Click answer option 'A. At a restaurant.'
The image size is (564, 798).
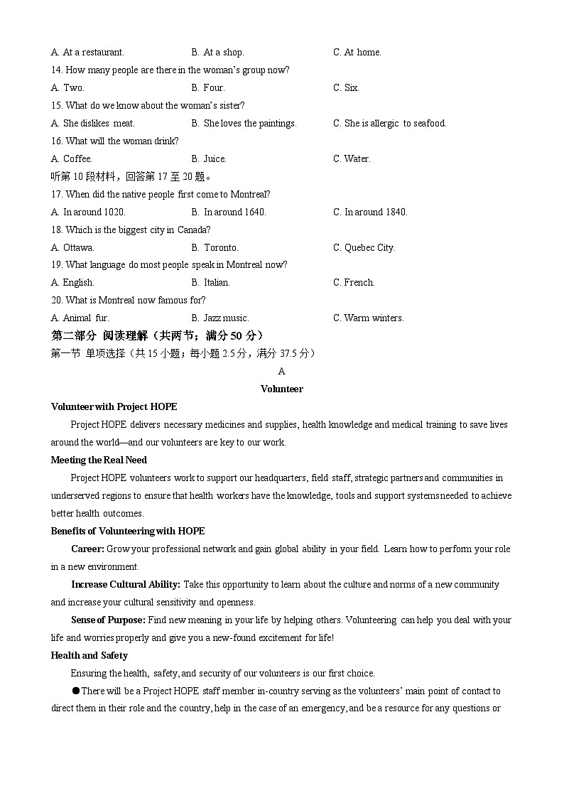87,53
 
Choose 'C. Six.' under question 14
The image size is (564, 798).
346,88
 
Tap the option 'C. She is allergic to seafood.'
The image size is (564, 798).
389,124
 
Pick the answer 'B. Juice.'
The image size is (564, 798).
209,159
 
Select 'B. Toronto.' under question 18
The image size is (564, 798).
215,248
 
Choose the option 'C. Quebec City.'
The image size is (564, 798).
364,248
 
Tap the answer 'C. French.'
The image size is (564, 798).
354,283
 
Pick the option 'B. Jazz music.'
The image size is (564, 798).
220,318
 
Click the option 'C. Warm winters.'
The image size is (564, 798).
368,318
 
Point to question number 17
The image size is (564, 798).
57,195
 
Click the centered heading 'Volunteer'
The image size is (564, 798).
281,389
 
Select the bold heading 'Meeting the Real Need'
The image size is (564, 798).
99,460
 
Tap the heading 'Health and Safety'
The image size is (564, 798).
90,656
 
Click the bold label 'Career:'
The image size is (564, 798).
87,549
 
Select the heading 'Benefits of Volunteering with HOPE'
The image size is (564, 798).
128,532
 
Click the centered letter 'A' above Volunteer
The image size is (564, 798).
281,372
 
